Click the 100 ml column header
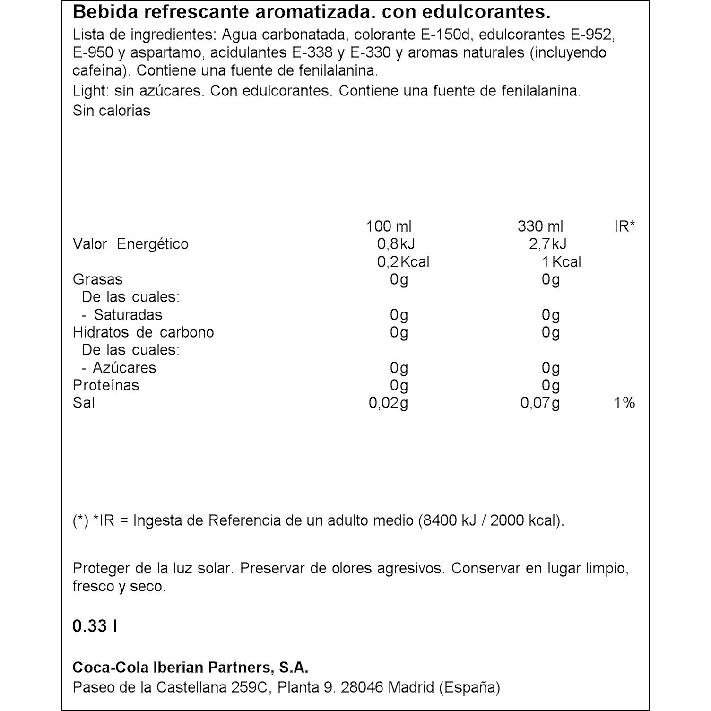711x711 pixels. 389,226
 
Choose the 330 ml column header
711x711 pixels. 540,226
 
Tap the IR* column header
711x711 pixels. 624,226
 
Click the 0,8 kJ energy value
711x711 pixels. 396,244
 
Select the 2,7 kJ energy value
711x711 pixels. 547,244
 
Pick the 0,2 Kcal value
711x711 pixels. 403,262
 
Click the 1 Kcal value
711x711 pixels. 562,262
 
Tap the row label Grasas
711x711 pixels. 98,279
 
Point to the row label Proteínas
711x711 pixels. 106,385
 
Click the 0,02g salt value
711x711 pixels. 388,403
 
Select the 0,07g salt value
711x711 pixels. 540,403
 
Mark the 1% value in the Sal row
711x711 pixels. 624,403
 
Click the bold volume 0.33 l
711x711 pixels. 95,626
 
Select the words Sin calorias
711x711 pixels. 112,111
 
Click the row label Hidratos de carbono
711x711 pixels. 143,332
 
